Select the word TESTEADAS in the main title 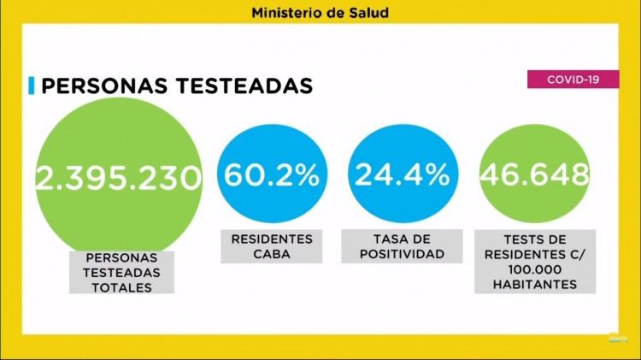247,86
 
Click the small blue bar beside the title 31,86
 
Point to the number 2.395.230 119,177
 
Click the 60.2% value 272,175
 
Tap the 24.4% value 402,175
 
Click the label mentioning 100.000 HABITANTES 534,262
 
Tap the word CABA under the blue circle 272,255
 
